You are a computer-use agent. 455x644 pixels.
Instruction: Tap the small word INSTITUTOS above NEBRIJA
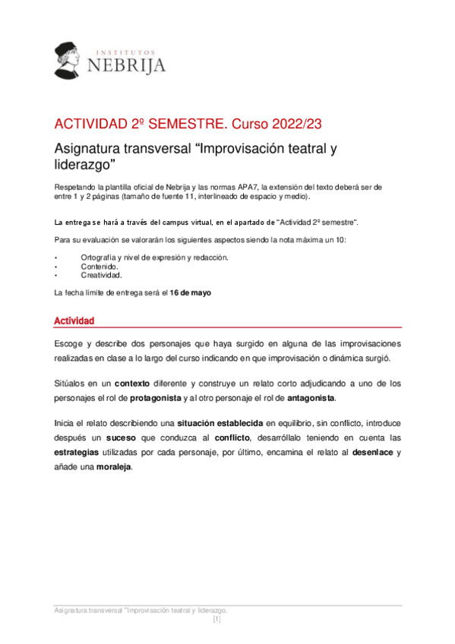pos(127,49)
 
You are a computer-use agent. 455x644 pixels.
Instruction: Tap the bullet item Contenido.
pos(100,267)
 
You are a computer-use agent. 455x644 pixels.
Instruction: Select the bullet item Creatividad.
pos(102,276)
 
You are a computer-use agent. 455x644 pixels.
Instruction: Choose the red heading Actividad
pos(74,323)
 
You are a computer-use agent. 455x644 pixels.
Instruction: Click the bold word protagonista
pos(156,399)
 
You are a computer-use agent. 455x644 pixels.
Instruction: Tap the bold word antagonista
pos(310,399)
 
